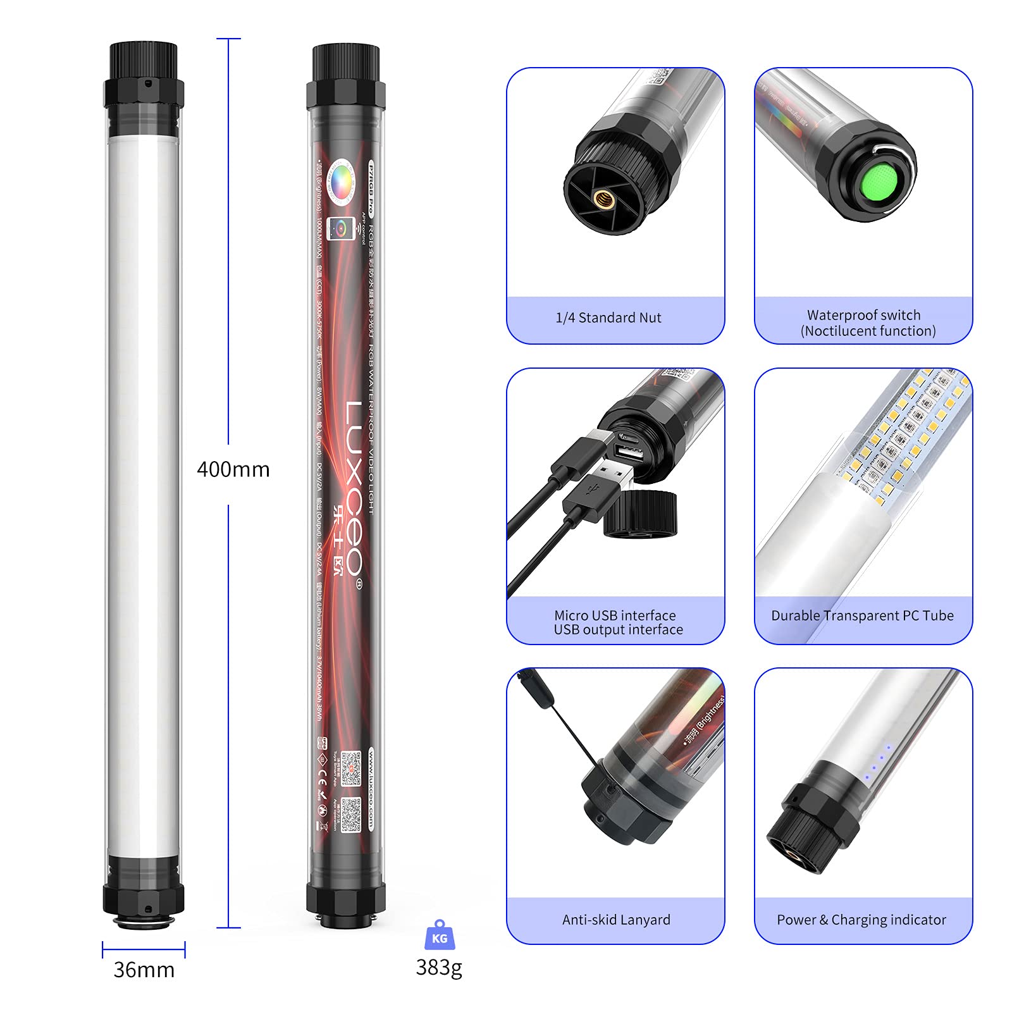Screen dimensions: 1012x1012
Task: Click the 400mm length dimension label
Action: (233, 469)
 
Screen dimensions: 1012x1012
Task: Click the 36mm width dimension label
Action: (144, 970)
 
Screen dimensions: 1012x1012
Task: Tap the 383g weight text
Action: (439, 967)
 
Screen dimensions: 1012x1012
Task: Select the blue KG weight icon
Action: (440, 936)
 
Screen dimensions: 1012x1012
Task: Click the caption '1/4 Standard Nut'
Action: (608, 318)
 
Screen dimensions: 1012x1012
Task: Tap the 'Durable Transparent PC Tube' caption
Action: (862, 615)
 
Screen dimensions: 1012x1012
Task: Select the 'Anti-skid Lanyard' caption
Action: (616, 920)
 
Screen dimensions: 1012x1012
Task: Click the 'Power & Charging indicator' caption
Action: (861, 920)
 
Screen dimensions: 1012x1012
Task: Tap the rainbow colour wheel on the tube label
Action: (342, 181)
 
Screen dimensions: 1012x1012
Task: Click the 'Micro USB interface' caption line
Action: (615, 615)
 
